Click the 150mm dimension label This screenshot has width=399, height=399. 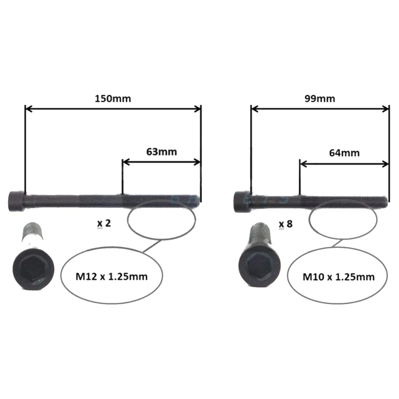pos(113,98)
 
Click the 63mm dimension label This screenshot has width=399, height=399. pos(162,152)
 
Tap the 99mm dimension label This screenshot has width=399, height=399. pos(320,98)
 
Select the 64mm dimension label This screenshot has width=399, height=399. pos(344,153)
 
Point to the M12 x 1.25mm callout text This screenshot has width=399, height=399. pos(111,276)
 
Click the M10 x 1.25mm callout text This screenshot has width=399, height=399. pos(339,277)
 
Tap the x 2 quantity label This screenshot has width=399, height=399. pos(104,223)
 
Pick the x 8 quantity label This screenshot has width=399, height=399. pos(285,224)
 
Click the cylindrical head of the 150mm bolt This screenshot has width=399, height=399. pos(17,201)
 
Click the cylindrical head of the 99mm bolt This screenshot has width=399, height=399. pos(242,202)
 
